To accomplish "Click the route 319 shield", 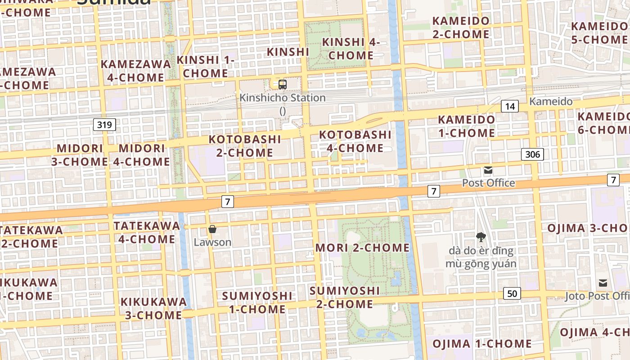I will (x=104, y=124).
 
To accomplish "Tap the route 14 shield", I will (x=510, y=106).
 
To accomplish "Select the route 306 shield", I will (x=533, y=154).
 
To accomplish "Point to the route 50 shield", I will (x=512, y=293).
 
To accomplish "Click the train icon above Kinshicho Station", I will (x=282, y=84).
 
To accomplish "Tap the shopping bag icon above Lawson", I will (x=212, y=229).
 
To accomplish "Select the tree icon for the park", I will (x=481, y=237).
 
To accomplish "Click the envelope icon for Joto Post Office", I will (x=603, y=283).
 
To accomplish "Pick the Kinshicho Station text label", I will (x=283, y=98).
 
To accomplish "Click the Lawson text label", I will (x=212, y=242).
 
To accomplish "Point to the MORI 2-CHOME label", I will (x=363, y=247).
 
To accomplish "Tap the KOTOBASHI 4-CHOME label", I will (x=355, y=141).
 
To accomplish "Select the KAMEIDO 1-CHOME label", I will (x=467, y=126).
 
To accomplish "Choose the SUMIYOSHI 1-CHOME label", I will (x=257, y=302).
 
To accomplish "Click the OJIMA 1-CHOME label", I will (x=482, y=344).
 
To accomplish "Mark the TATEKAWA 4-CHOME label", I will (x=147, y=232).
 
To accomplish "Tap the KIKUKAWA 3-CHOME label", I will (x=153, y=308).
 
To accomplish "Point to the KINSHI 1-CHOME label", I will (x=206, y=66).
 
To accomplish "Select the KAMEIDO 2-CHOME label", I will (x=461, y=27).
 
